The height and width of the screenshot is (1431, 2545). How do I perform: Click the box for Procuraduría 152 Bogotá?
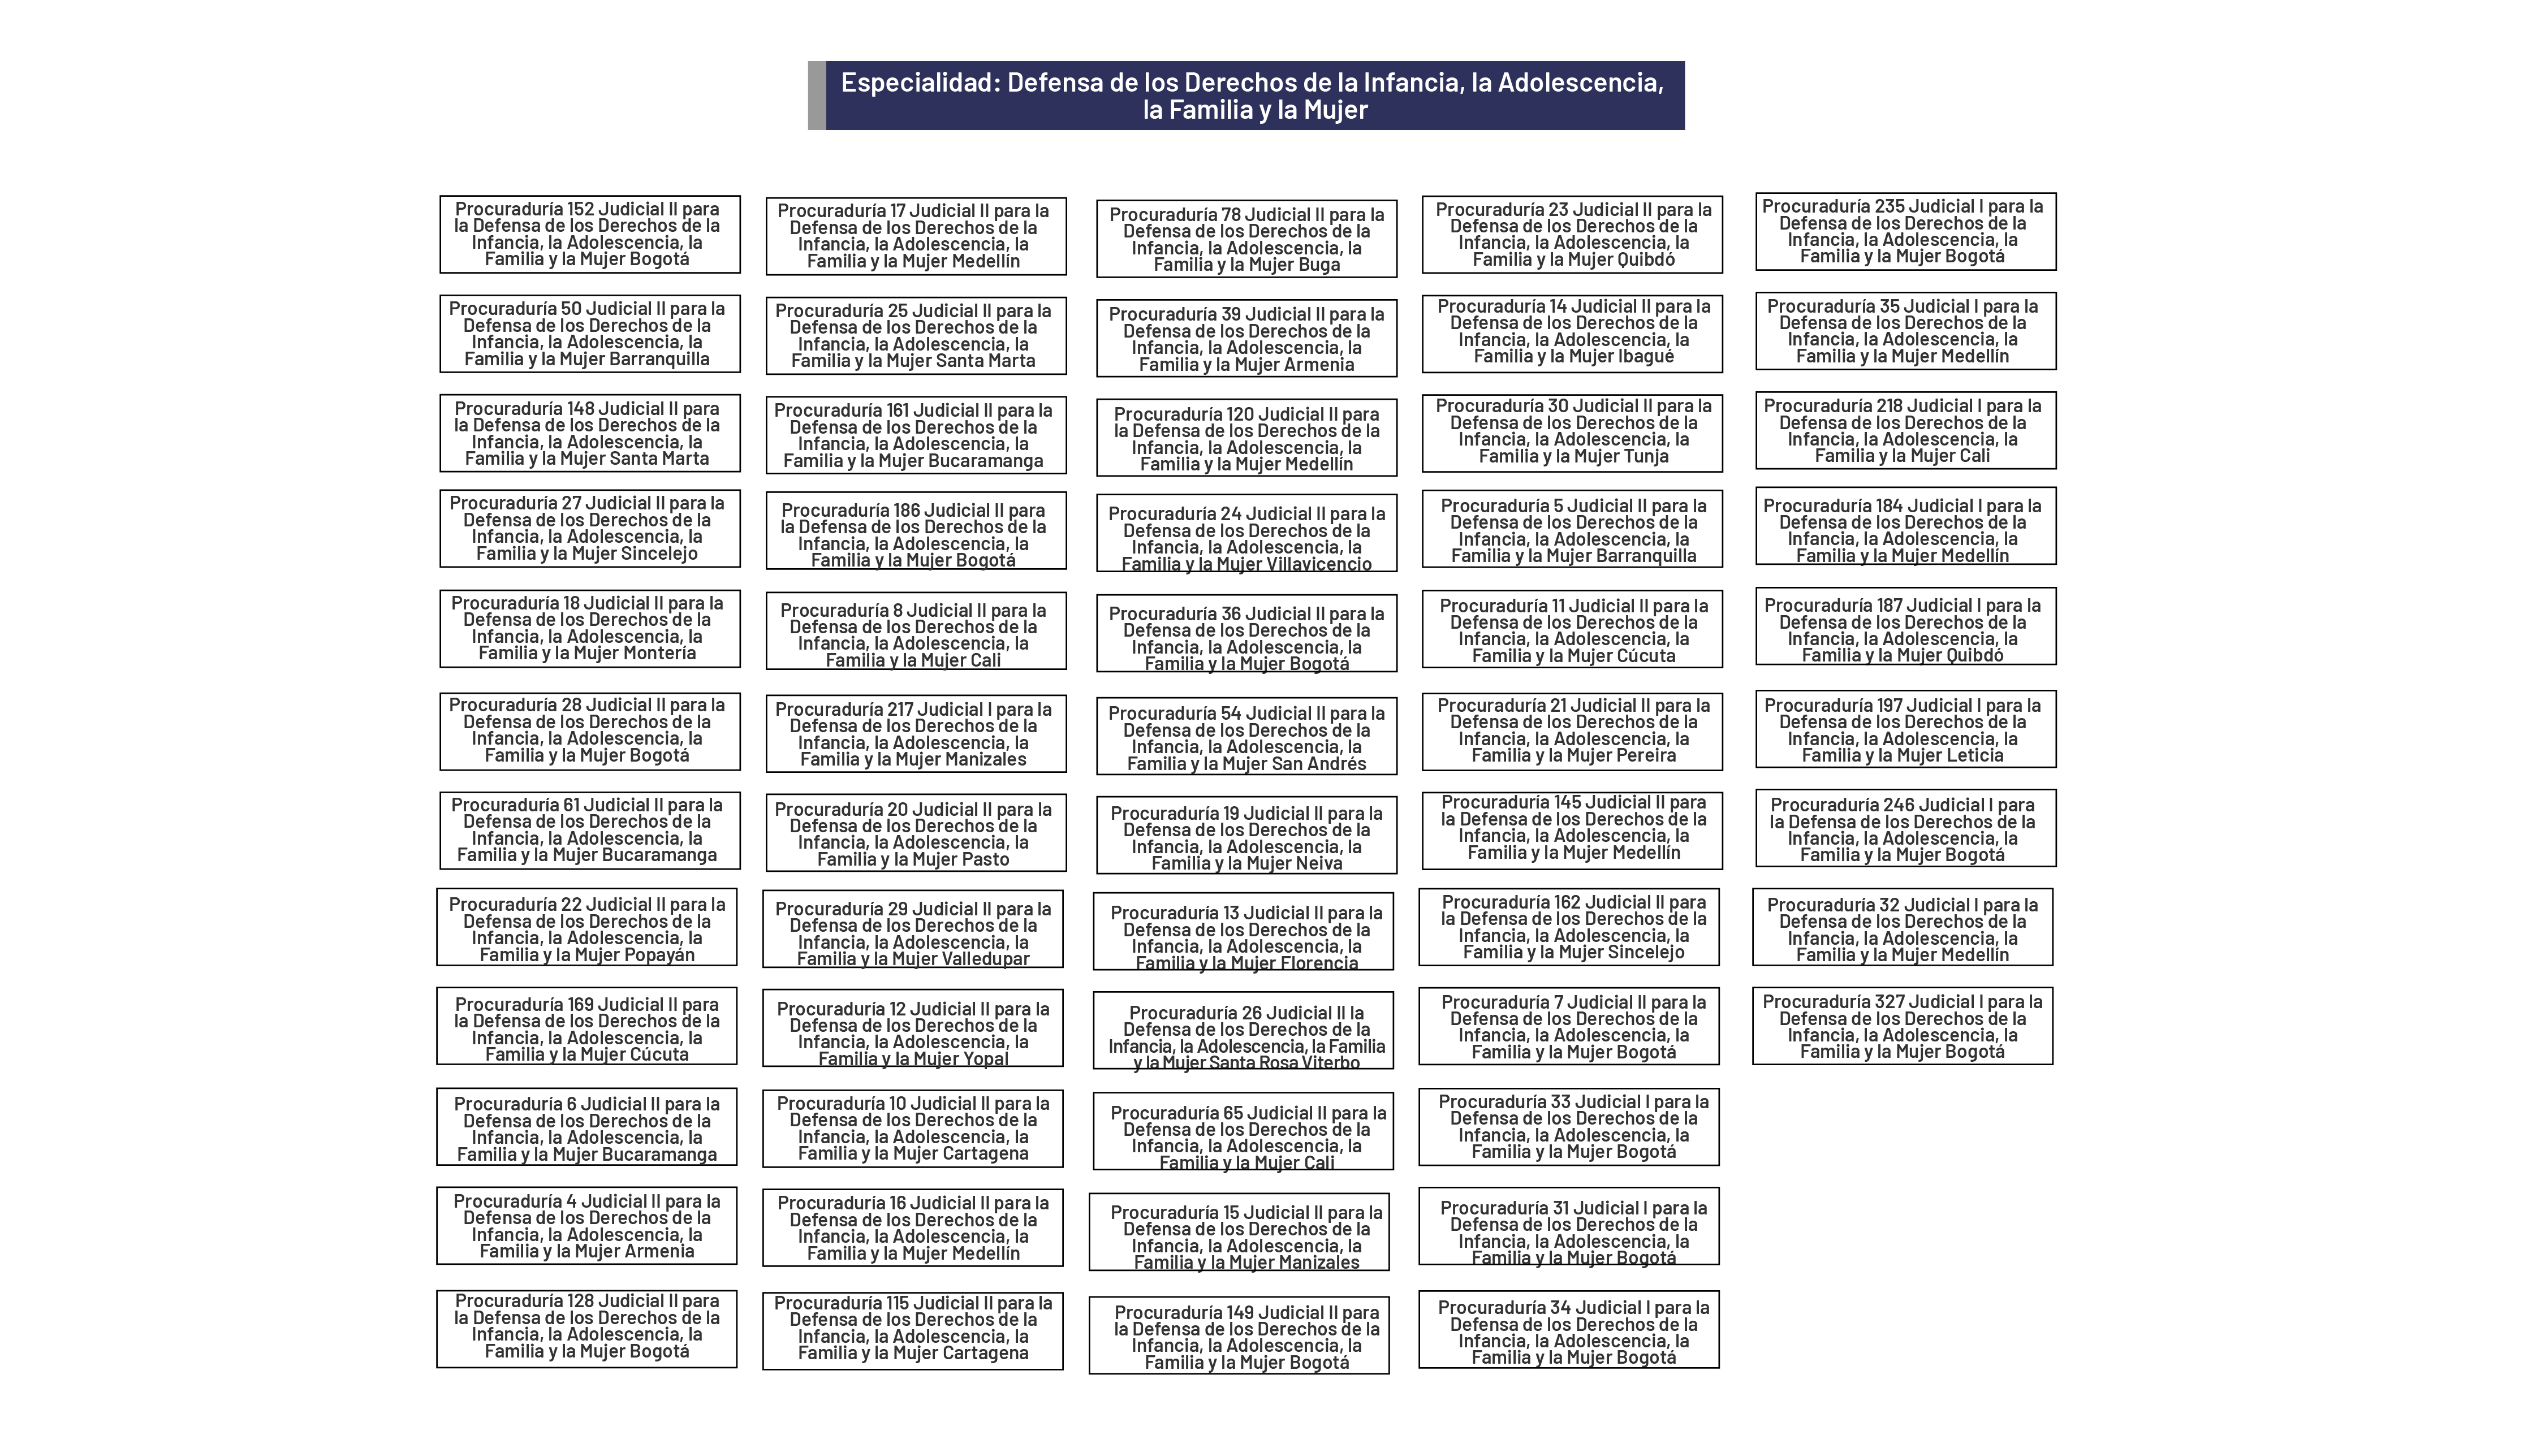pyautogui.click(x=589, y=234)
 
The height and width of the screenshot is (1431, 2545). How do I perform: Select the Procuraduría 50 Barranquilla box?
pyautogui.click(x=589, y=334)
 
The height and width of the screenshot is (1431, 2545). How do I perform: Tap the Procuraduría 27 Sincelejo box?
pyautogui.click(x=589, y=528)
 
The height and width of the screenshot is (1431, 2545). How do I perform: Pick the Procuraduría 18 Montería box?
pyautogui.click(x=589, y=628)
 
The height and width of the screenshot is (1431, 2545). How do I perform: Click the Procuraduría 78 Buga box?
pyautogui.click(x=1246, y=239)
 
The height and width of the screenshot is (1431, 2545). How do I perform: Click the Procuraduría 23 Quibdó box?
pyautogui.click(x=1572, y=234)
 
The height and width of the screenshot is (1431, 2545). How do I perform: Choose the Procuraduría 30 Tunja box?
pyautogui.click(x=1572, y=431)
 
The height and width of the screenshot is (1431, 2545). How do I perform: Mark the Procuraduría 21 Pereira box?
pyautogui.click(x=1572, y=731)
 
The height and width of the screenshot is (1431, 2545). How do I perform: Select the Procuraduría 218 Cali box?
pyautogui.click(x=1905, y=431)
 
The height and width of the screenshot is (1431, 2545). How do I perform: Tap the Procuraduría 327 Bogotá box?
pyautogui.click(x=1902, y=1026)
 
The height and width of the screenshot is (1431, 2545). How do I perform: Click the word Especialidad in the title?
pyautogui.click(x=918, y=82)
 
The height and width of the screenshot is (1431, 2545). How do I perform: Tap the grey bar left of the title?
pyautogui.click(x=816, y=96)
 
